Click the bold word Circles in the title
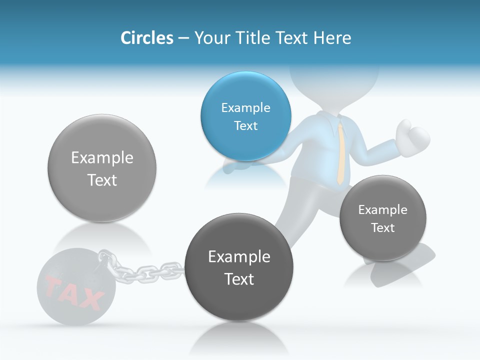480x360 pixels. [147, 38]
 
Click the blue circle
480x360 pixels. [245, 116]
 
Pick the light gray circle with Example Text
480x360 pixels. [102, 168]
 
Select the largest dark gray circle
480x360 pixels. [239, 267]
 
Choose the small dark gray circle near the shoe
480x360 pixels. [383, 218]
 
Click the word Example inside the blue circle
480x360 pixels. [245, 107]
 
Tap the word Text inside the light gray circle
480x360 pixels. [102, 180]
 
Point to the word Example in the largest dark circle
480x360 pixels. [239, 256]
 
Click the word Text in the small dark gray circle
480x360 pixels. [383, 228]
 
